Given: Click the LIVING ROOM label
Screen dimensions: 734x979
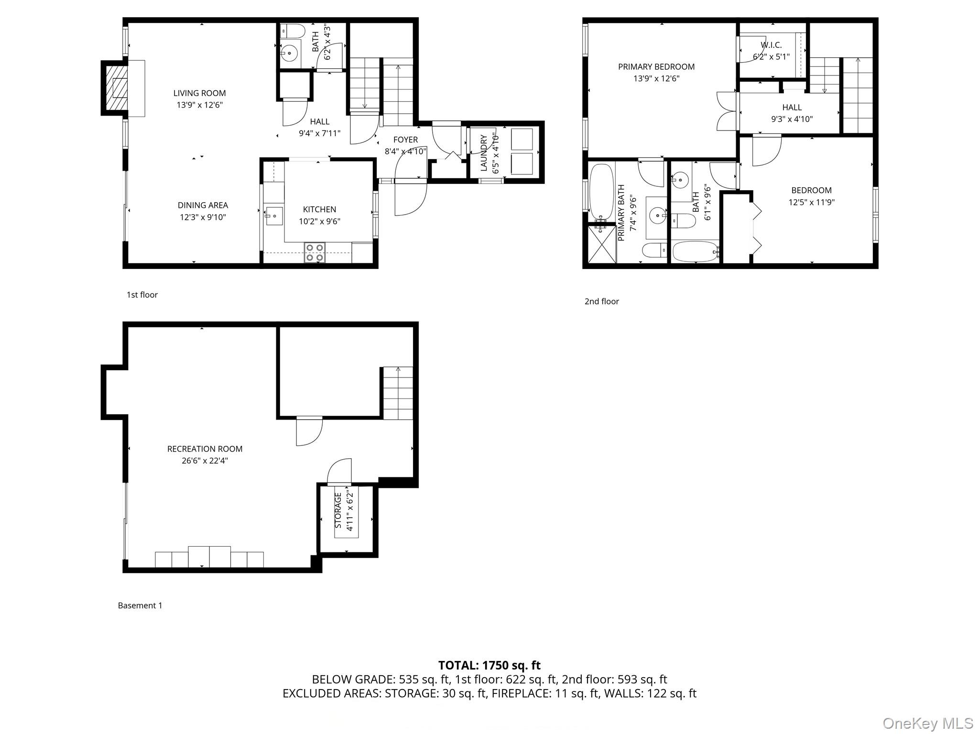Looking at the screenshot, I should (199, 93).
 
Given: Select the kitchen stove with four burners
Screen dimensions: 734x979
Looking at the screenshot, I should (315, 252).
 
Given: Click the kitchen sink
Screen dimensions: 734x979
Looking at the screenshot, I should (274, 216).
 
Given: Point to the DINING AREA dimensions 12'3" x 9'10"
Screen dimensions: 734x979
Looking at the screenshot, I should (203, 217).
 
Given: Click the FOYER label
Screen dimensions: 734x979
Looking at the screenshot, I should (405, 140).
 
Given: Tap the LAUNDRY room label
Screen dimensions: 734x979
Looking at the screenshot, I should (483, 152).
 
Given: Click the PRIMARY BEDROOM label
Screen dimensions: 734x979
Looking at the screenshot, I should (656, 67).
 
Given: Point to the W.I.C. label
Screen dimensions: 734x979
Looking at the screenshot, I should (771, 45).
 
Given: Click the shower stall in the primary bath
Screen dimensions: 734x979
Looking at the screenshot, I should (601, 244).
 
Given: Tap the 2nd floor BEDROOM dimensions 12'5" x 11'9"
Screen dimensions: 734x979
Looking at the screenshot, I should (811, 202).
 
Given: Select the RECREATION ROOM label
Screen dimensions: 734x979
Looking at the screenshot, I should (205, 449).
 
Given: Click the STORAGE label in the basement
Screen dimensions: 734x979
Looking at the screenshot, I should (338, 511).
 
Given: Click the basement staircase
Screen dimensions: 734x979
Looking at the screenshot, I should (398, 393).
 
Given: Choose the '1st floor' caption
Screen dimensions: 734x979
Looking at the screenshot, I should (142, 295).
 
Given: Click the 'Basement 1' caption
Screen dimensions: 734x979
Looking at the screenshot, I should (140, 605).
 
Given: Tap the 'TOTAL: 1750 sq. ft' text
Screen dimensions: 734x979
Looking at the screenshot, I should (489, 665).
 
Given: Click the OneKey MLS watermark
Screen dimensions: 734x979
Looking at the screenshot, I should (927, 723).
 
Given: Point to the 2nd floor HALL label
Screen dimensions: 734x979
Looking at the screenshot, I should (792, 108).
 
